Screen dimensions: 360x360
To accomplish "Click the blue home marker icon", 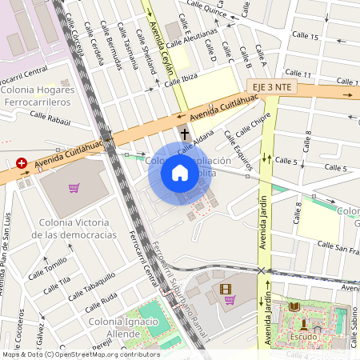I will (180, 173).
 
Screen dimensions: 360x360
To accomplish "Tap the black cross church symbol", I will (185, 134).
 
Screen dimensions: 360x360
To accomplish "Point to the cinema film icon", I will (225, 288).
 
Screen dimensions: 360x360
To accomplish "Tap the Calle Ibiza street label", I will (200, 78).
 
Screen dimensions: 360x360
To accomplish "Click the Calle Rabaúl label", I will (50, 118).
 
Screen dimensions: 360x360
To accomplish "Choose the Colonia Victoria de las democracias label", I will (74, 228).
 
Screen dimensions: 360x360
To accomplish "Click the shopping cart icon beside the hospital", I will (74, 189).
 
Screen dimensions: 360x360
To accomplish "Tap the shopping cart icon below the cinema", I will (230, 300).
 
